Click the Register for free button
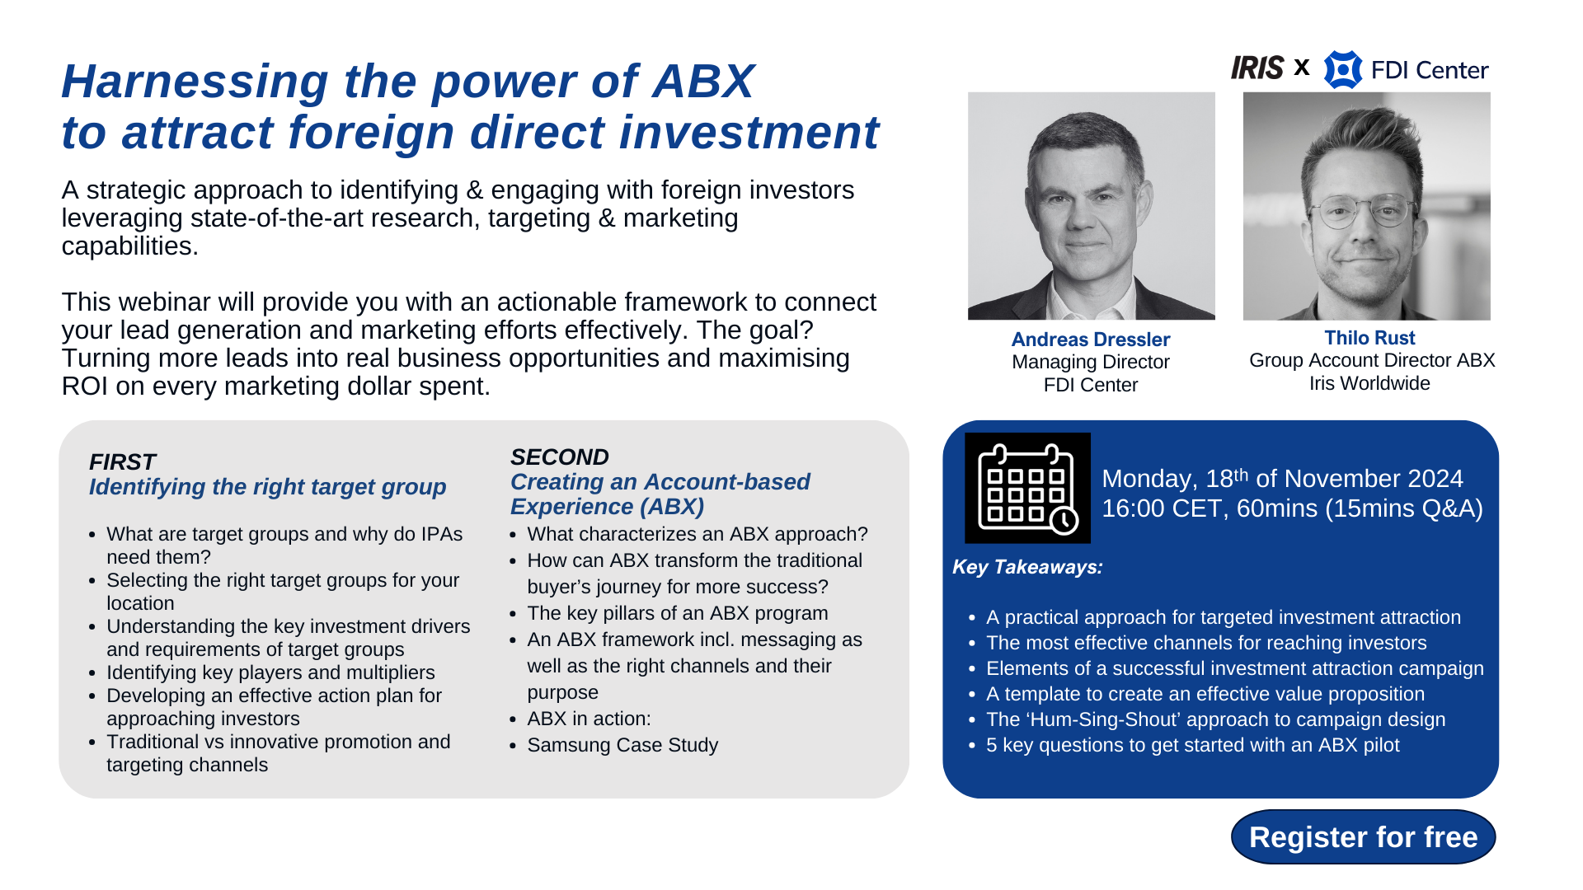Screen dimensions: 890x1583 [x=1363, y=837]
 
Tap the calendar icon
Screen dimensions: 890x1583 [x=1027, y=488]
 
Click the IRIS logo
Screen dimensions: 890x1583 [x=1257, y=68]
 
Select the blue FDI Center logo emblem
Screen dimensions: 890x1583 [x=1342, y=69]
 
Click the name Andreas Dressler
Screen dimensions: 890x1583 [x=1090, y=340]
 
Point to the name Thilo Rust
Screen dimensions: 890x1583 [x=1369, y=338]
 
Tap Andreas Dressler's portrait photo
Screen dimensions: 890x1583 [x=1091, y=206]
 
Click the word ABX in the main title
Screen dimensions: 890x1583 [x=702, y=82]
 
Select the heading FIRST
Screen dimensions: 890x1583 [x=122, y=462]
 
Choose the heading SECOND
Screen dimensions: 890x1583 [x=559, y=457]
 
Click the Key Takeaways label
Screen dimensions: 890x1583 [x=1027, y=567]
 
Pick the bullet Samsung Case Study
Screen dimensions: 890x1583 [x=622, y=745]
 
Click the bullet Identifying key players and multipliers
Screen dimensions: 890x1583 [x=270, y=672]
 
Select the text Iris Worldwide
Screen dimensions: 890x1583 [x=1369, y=383]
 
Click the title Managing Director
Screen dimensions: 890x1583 [x=1090, y=362]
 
